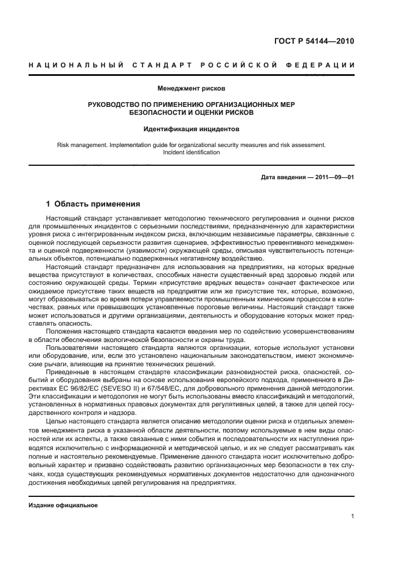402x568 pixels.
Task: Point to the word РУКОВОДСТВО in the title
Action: (x=114, y=104)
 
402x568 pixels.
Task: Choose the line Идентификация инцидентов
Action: (x=191, y=129)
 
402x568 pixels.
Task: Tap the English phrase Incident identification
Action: (x=191, y=152)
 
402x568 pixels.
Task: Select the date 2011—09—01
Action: (x=333, y=177)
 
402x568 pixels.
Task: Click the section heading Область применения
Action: (x=98, y=204)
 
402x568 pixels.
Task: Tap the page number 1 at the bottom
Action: (x=352, y=516)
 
